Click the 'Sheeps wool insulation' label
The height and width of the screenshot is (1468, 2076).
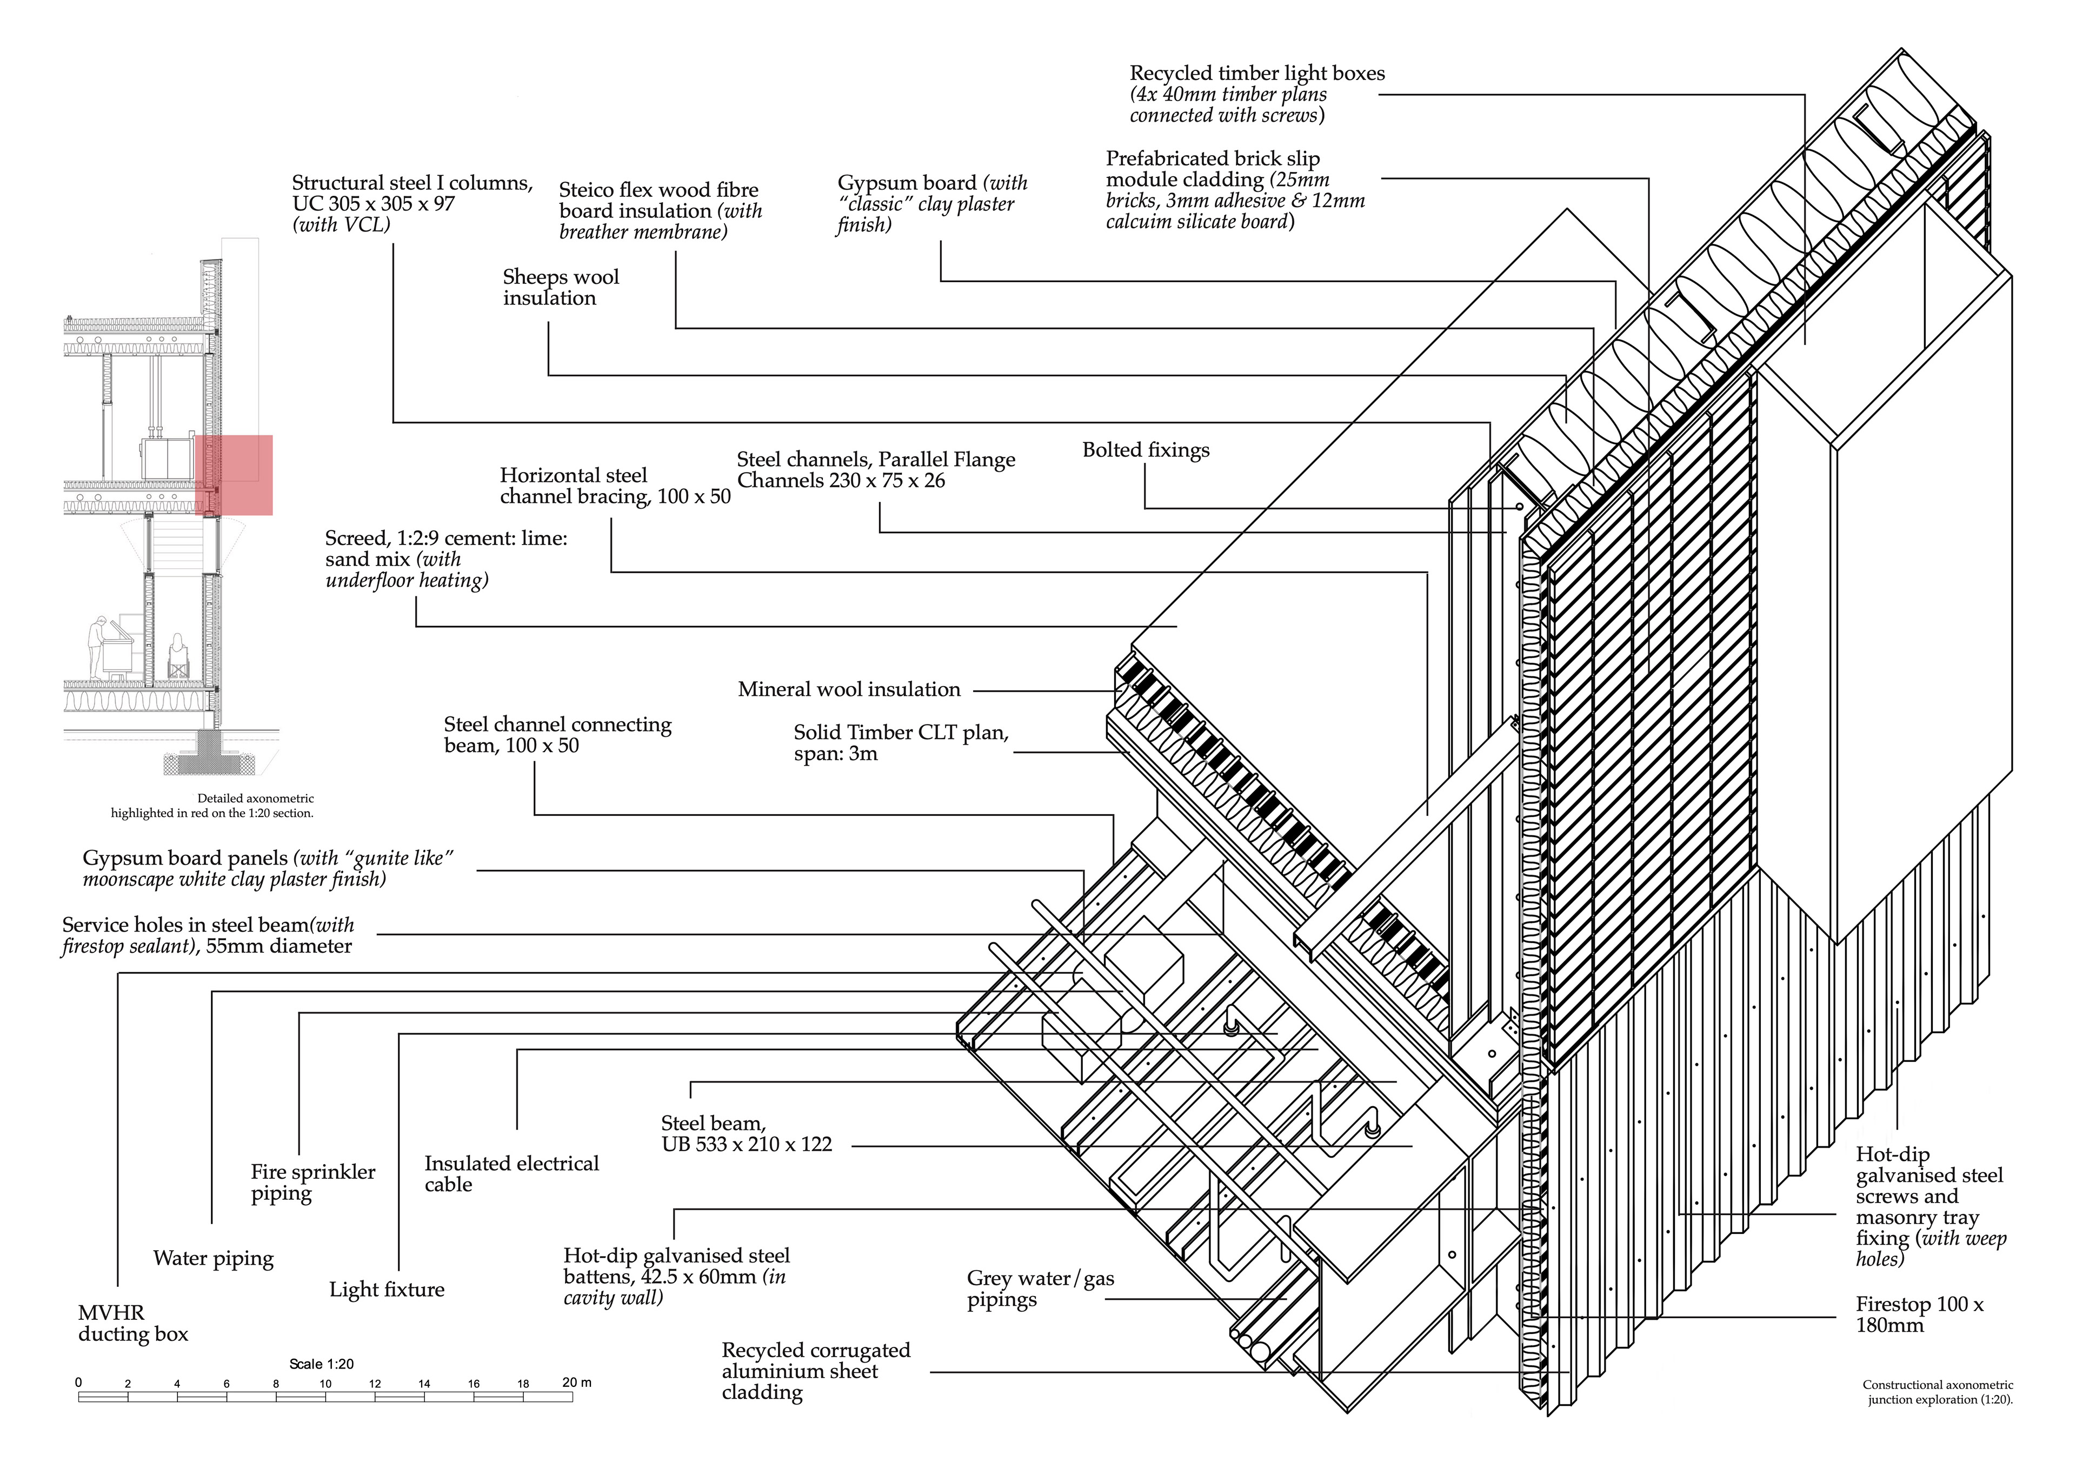point(561,288)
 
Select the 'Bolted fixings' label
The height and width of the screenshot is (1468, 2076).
point(1146,450)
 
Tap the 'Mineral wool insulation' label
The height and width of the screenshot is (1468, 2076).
point(849,690)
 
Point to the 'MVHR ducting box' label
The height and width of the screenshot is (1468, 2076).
point(133,1323)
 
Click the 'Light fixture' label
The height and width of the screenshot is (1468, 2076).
point(387,1290)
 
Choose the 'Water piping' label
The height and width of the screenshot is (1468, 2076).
point(214,1259)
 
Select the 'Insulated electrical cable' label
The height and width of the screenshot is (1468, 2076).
point(512,1174)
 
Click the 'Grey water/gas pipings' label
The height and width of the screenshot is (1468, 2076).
point(1040,1289)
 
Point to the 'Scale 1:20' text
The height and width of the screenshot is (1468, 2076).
point(322,1364)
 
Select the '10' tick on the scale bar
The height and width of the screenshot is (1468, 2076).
point(325,1384)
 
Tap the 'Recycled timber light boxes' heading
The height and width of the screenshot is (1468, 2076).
point(1257,73)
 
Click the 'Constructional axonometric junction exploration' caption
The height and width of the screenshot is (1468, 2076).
point(1938,1392)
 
